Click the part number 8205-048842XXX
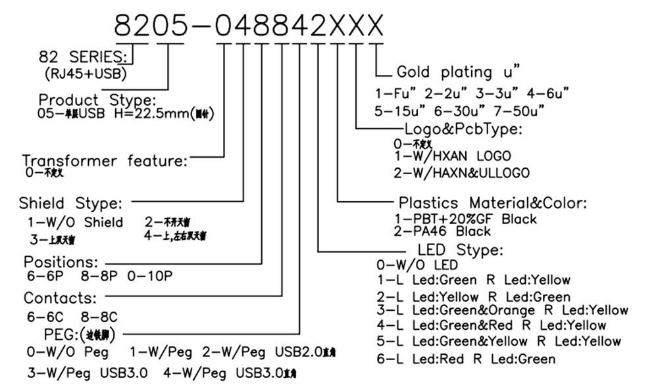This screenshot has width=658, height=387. pyautogui.click(x=249, y=26)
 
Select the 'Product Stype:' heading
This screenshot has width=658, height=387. pyautogui.click(x=97, y=101)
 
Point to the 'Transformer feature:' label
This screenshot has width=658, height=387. pyautogui.click(x=105, y=161)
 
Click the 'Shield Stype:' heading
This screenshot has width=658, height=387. pyautogui.click(x=70, y=203)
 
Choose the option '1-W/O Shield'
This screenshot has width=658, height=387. pyautogui.click(x=75, y=222)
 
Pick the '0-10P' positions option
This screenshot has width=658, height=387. pyautogui.click(x=150, y=277)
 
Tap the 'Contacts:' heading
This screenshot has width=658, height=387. pyautogui.click(x=61, y=298)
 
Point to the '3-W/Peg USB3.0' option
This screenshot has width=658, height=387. pyautogui.click(x=87, y=373)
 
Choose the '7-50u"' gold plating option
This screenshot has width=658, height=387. pyautogui.click(x=522, y=110)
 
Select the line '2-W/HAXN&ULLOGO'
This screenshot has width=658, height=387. pyautogui.click(x=461, y=173)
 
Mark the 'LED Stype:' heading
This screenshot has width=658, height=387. pyautogui.click(x=460, y=250)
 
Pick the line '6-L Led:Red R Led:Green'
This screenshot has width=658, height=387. pyautogui.click(x=465, y=359)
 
